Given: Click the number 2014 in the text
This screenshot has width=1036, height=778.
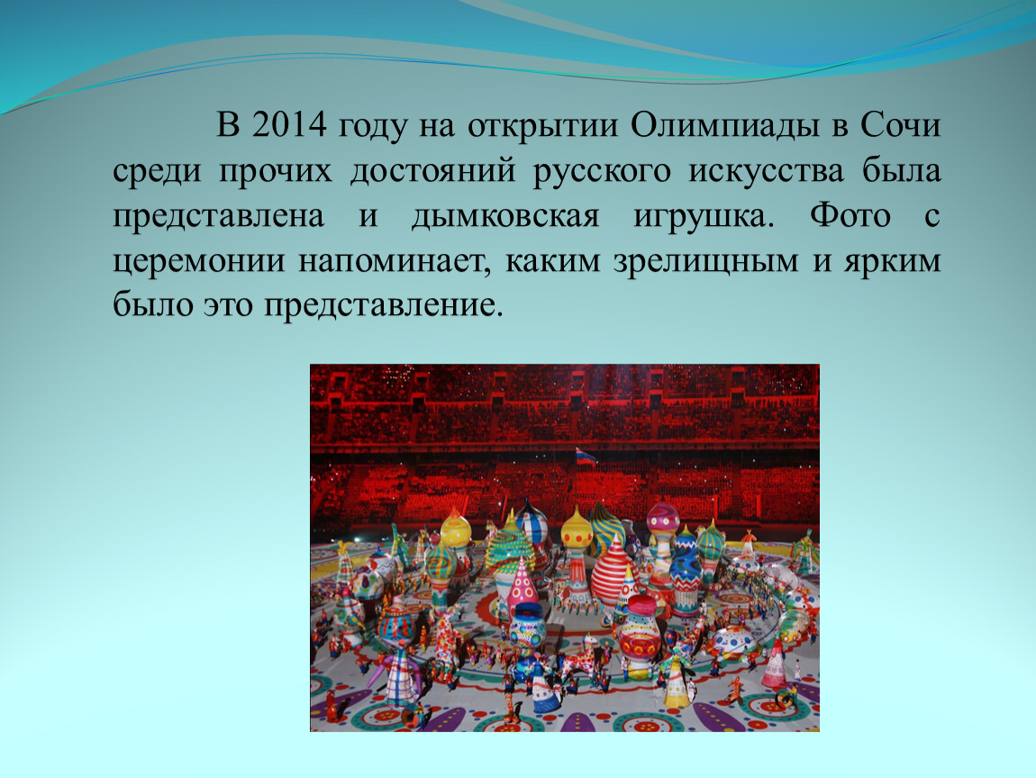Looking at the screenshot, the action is click(289, 125).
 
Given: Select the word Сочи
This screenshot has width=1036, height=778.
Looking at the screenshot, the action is click(901, 125).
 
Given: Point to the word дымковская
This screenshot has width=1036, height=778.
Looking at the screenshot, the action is click(504, 216).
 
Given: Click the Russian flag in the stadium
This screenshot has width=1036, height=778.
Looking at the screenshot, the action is click(585, 456).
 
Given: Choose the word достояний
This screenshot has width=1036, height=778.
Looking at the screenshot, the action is click(432, 171).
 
